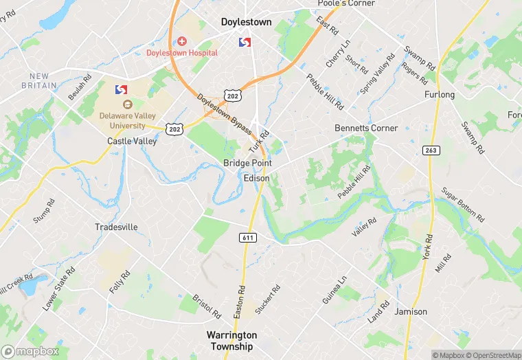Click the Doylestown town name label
(x=246, y=22)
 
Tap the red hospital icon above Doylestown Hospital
(x=182, y=41)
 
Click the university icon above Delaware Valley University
(x=127, y=104)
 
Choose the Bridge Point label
(x=247, y=163)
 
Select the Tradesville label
(x=116, y=227)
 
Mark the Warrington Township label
(x=232, y=339)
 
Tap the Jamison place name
(x=411, y=311)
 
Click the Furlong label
(x=440, y=94)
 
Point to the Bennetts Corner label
(x=366, y=128)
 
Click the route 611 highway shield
(x=248, y=237)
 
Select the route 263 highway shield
(x=431, y=150)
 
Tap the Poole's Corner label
(x=346, y=3)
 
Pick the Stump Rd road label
(x=43, y=212)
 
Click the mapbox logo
(x=31, y=351)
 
